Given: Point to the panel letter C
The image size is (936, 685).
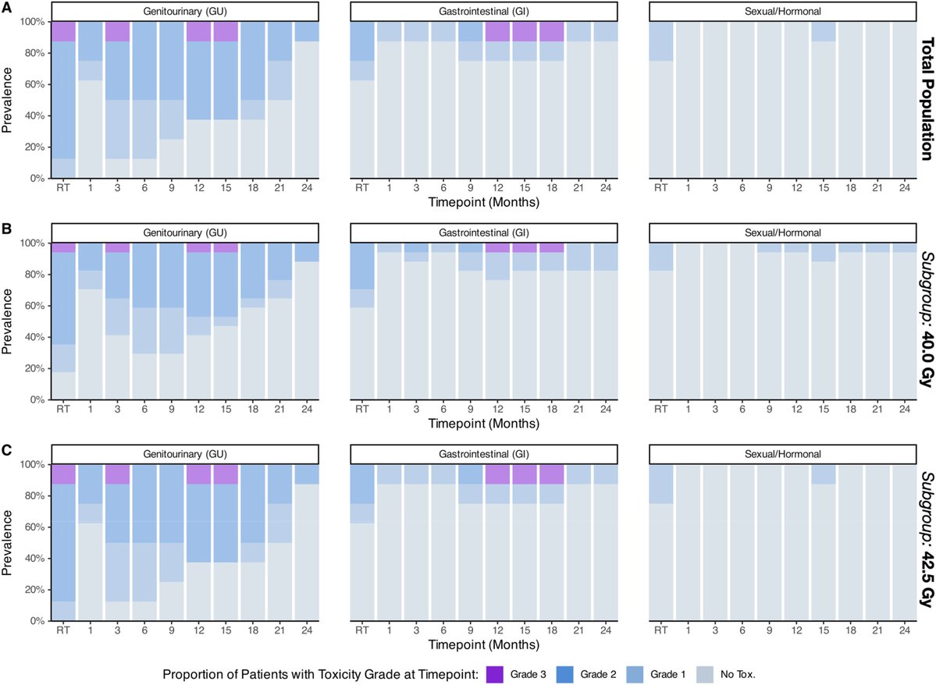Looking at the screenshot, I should (x=7, y=451).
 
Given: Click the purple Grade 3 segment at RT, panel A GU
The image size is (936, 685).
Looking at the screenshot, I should (x=63, y=31).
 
